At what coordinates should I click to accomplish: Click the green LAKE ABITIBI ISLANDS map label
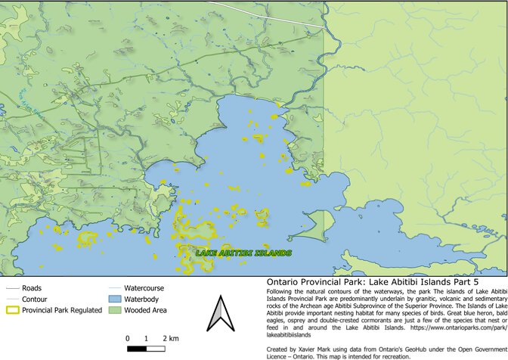tap(243, 253)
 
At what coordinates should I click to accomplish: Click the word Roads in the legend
tap(32, 288)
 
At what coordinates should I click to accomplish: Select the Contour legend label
tap(36, 299)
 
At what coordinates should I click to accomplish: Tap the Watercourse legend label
tap(144, 288)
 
